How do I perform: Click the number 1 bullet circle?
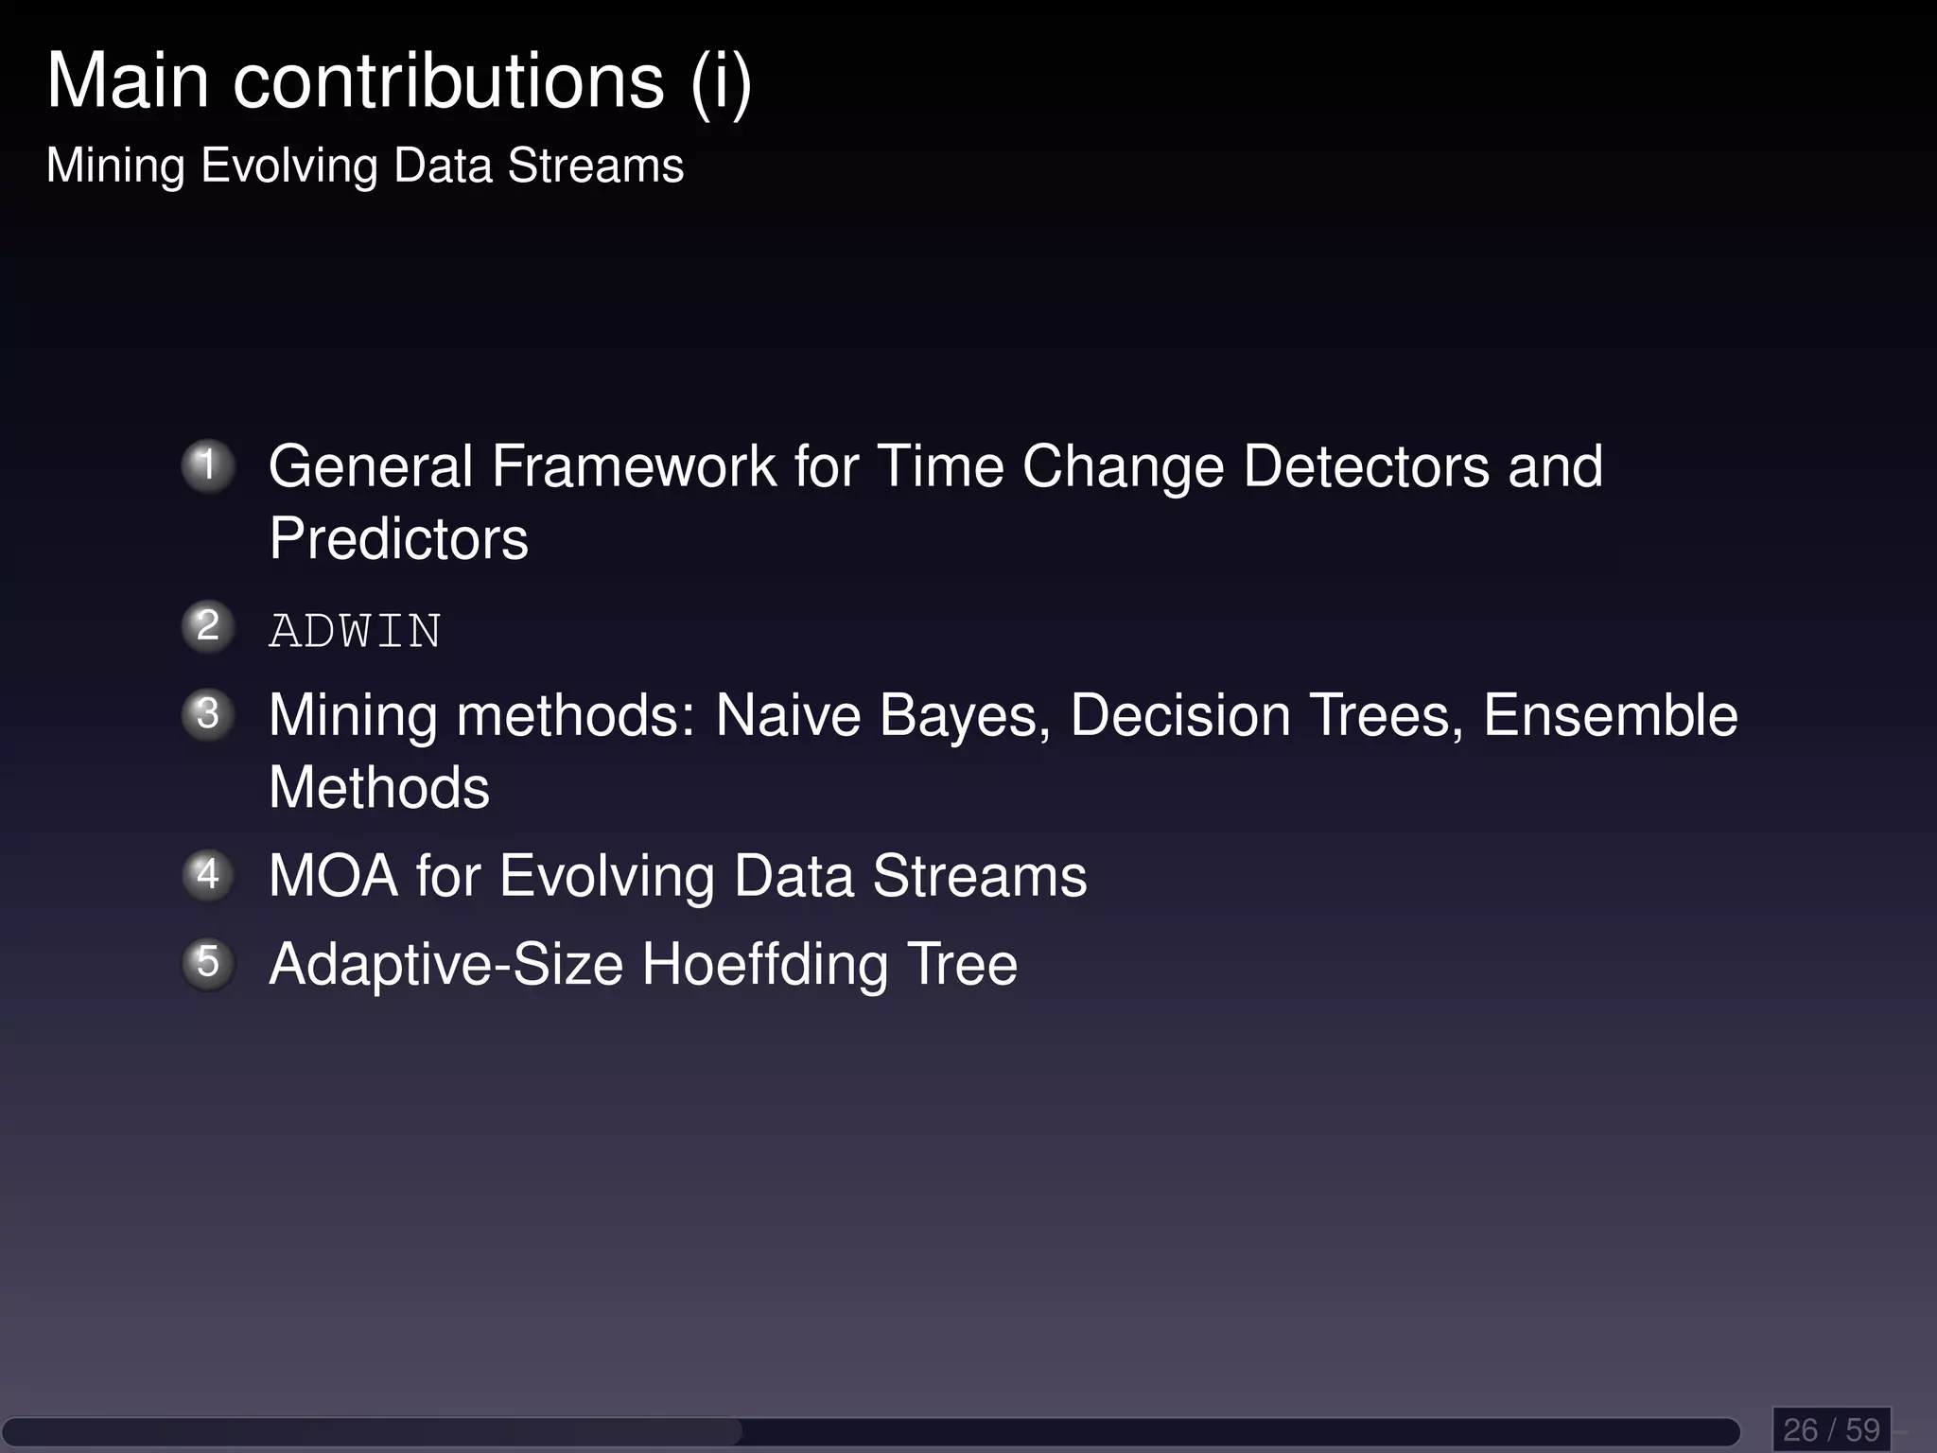pos(208,465)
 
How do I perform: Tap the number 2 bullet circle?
pos(208,626)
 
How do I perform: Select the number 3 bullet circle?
pos(208,714)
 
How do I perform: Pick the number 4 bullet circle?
pos(208,875)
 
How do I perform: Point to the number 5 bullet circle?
pos(208,963)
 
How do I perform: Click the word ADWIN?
pos(355,631)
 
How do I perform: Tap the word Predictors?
pos(398,539)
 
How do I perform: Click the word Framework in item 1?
pos(634,466)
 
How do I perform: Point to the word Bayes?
pos(965,716)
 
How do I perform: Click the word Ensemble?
pos(1610,715)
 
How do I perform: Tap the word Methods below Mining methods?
pos(379,788)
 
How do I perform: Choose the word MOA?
pos(333,876)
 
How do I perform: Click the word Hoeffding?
pos(765,965)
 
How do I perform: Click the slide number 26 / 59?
pos(1831,1428)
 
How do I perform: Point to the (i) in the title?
pos(721,83)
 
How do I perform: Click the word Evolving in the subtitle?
pos(289,166)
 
